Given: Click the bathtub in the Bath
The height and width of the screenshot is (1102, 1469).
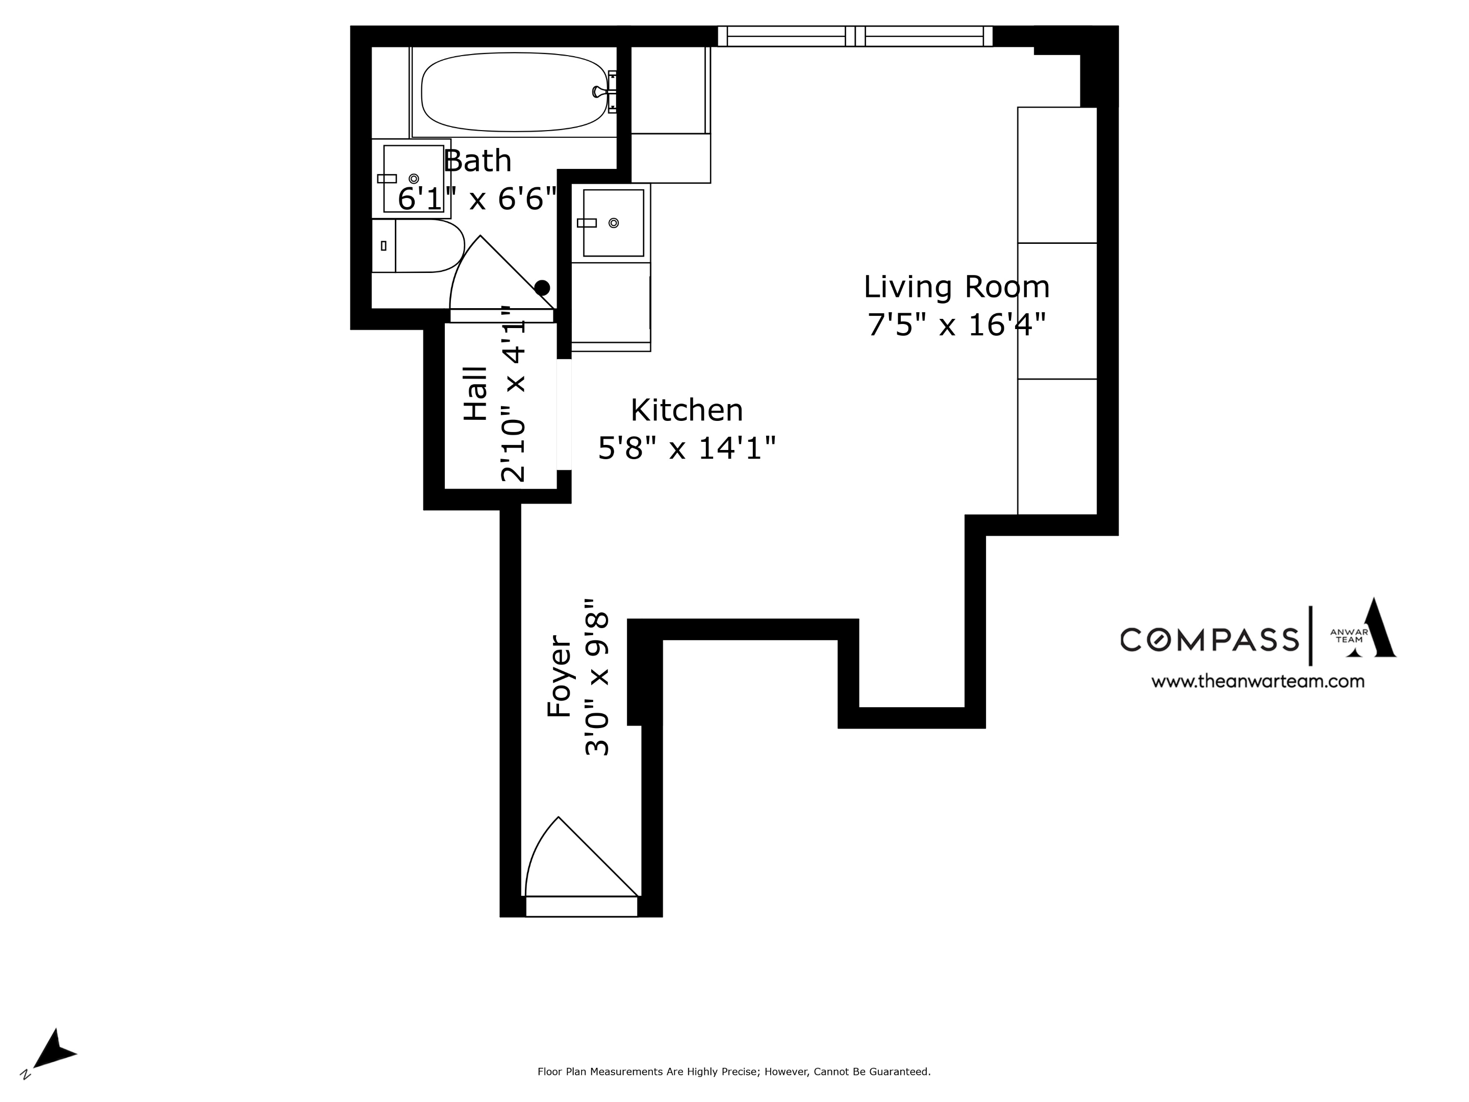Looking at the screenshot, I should tap(514, 92).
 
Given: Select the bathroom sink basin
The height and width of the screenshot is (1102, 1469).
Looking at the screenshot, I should tap(413, 178).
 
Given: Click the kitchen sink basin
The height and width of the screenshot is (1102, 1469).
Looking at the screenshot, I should tap(613, 222).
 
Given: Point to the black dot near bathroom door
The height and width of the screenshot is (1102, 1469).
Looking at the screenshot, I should tap(542, 288).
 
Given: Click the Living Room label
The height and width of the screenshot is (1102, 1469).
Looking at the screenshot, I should tap(956, 287).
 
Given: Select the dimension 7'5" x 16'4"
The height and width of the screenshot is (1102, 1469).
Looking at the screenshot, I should tap(956, 325).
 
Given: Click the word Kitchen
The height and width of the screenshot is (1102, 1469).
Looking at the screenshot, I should tap(686, 410).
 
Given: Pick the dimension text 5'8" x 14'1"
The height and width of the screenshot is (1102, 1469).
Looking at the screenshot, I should tap(686, 448).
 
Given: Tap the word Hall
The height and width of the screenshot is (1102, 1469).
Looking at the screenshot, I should tap(475, 393).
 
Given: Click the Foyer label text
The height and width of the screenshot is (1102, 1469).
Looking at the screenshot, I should tap(559, 676).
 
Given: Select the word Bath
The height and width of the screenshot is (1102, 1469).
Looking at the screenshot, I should tap(477, 161).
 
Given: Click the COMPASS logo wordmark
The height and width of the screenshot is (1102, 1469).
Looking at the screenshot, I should tap(1209, 640).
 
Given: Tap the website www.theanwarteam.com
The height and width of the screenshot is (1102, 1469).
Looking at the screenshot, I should tap(1257, 682).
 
